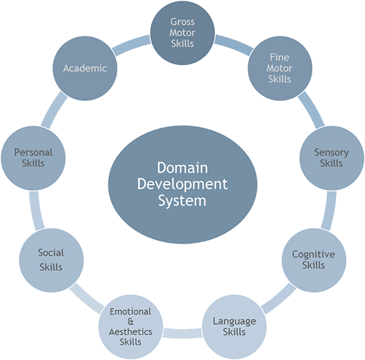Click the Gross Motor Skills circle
click(182, 33)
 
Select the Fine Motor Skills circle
click(280, 68)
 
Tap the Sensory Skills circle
click(332, 158)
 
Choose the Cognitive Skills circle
click(314, 260)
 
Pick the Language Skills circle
click(234, 327)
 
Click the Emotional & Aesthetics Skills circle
click(131, 327)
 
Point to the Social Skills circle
click(51, 260)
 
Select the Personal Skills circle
click(33, 158)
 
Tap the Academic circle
click(85, 68)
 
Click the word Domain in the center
click(182, 168)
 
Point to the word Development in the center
click(182, 185)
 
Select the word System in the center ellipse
click(182, 201)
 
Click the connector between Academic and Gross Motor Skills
click(132, 45)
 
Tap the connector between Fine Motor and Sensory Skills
click(311, 110)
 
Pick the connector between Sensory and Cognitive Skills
click(328, 211)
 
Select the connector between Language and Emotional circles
click(182, 333)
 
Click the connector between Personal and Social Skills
click(36, 211)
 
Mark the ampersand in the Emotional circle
click(131, 321)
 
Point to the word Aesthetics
click(131, 332)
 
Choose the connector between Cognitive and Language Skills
click(279, 298)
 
